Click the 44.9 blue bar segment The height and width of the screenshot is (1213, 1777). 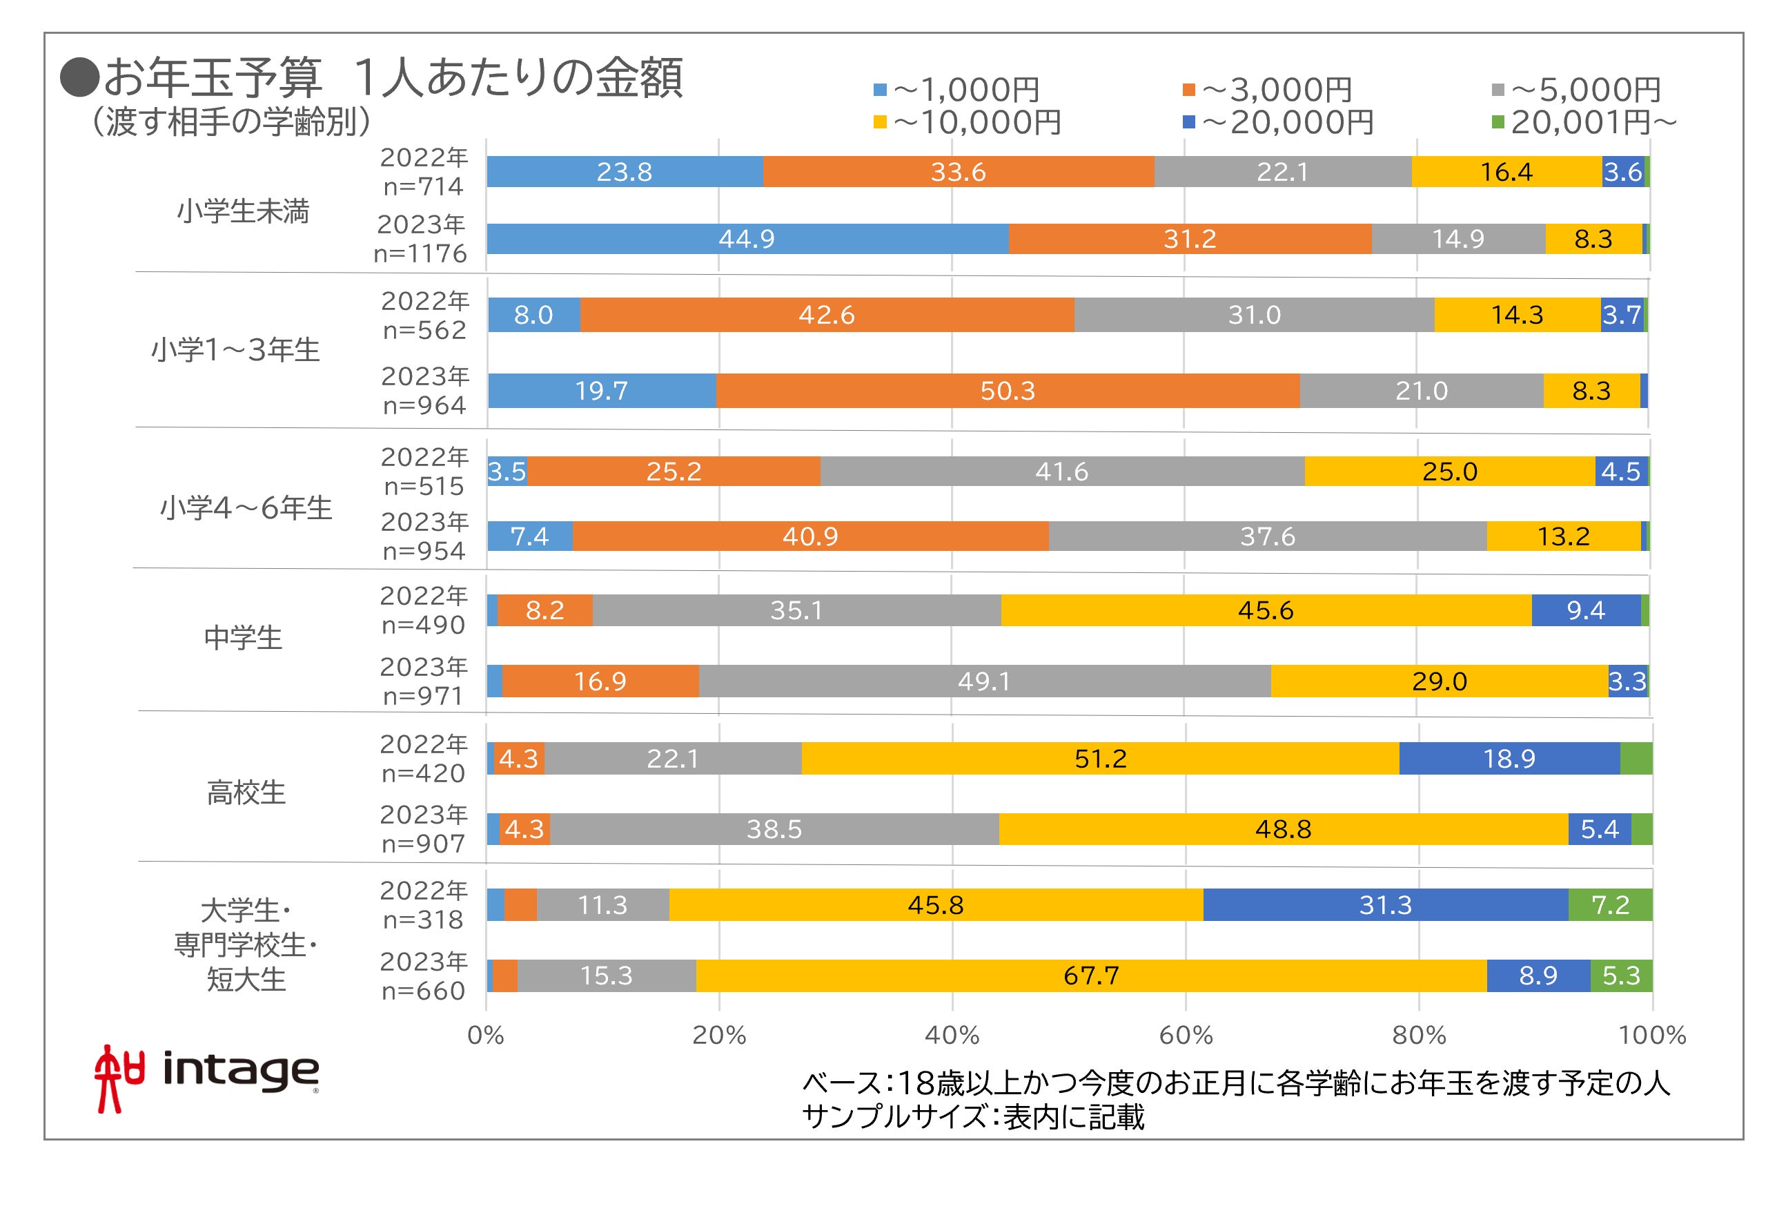click(747, 239)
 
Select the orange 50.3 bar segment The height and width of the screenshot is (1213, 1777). click(1007, 391)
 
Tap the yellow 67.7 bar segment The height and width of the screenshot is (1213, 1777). click(1091, 975)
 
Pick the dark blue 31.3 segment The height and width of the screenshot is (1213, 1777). click(1385, 905)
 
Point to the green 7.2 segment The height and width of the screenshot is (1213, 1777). click(1609, 905)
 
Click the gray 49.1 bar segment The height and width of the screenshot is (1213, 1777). click(984, 681)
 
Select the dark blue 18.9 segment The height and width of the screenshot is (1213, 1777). click(1509, 758)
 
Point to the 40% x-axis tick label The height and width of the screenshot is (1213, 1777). click(952, 1036)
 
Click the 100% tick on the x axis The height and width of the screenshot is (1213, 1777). click(1651, 1036)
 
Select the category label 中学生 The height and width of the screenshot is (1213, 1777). click(243, 638)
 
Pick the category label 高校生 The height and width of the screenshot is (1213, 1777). click(246, 793)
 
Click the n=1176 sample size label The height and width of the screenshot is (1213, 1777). click(420, 253)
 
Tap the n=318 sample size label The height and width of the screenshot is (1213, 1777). click(423, 920)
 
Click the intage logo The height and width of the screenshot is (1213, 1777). click(206, 1077)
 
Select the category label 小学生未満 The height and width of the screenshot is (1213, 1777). click(243, 211)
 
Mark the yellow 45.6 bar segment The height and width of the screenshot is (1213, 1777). click(1266, 610)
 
